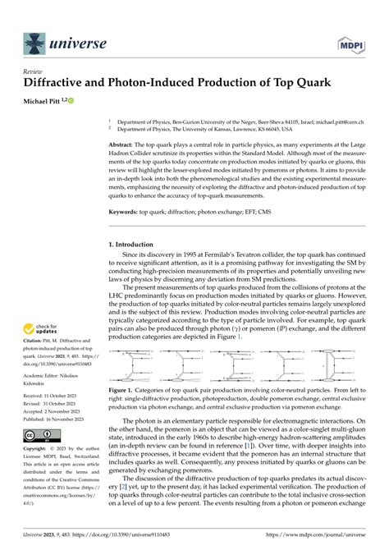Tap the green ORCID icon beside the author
71,101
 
